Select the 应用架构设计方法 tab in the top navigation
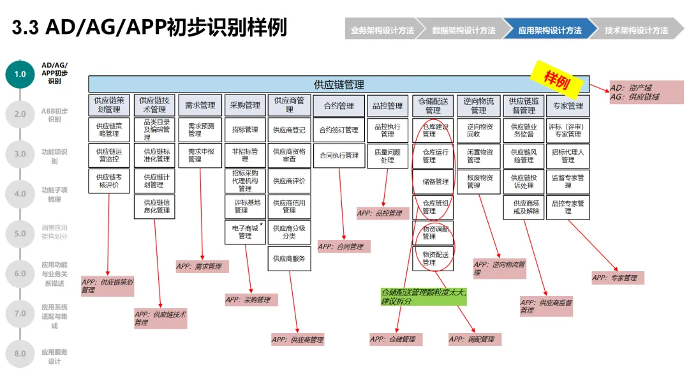click(550, 30)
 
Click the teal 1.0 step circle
click(20, 74)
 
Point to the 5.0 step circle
click(20, 234)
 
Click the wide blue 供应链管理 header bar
click(339, 84)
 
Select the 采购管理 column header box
click(245, 105)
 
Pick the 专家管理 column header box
click(568, 105)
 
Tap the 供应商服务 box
click(289, 258)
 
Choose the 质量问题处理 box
click(387, 156)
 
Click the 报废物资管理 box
click(480, 181)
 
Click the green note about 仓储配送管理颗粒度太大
click(424, 297)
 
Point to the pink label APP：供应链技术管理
click(160, 318)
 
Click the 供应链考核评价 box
click(108, 181)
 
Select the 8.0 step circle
click(20, 354)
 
